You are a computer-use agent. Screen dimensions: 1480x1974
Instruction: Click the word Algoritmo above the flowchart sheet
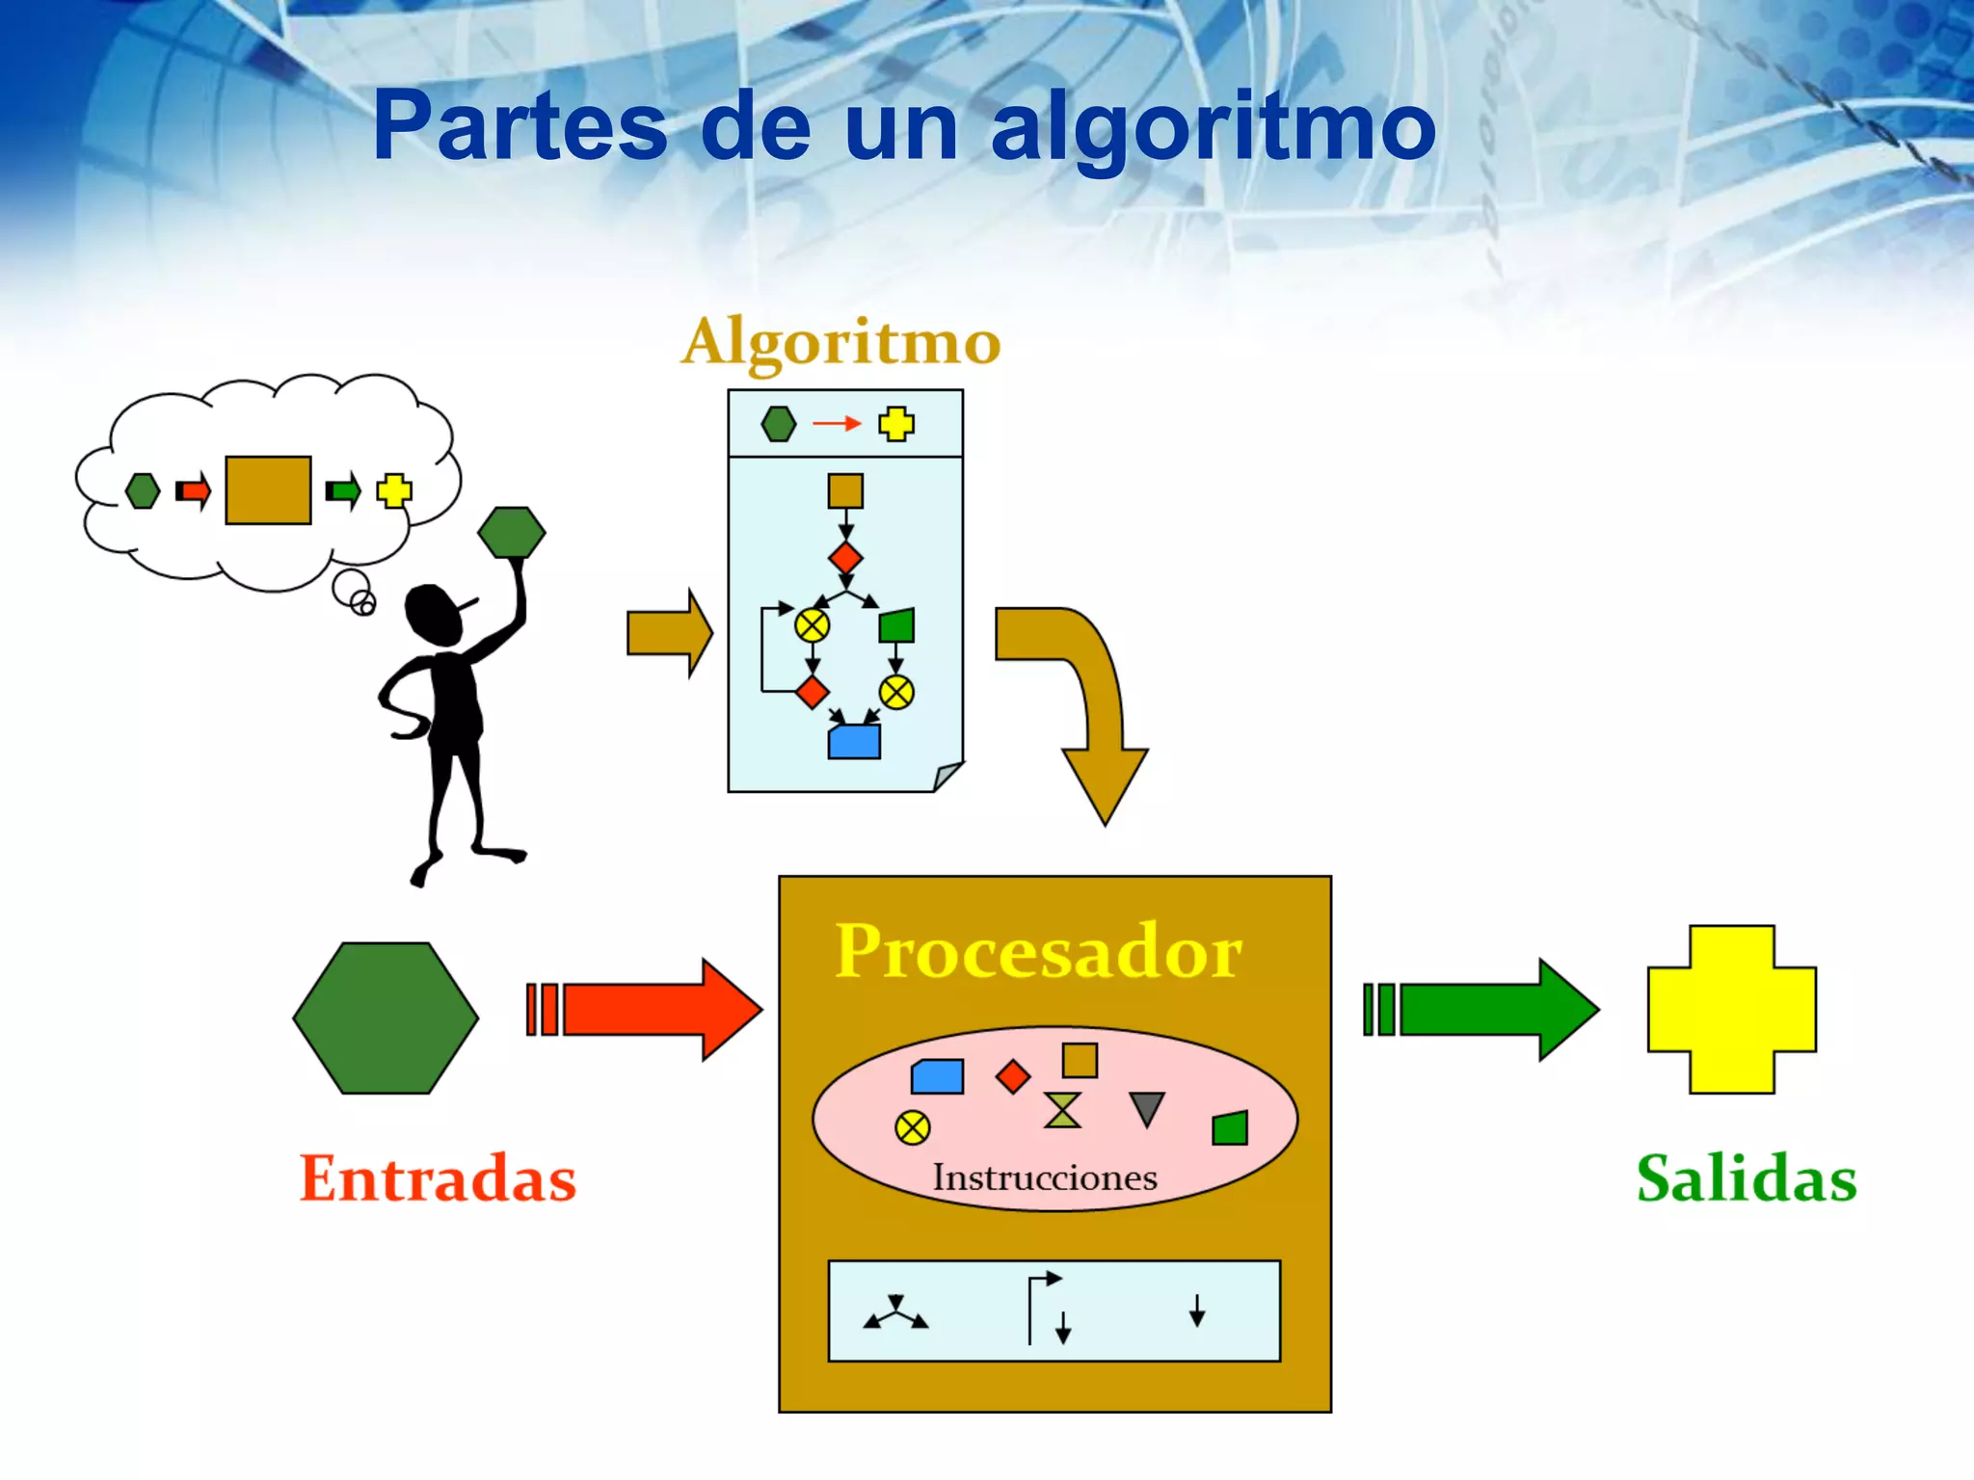840,342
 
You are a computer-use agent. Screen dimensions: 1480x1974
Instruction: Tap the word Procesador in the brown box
1039,951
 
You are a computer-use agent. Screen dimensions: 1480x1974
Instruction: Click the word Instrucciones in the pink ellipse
1045,1176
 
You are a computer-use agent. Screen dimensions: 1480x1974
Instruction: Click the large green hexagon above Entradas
386,1017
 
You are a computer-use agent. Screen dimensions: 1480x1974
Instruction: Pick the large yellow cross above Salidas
1732,1009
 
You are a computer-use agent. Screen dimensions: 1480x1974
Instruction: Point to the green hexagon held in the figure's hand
512,532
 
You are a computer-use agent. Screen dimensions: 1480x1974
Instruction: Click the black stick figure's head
436,614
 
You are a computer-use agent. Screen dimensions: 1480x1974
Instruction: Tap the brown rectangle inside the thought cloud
268,490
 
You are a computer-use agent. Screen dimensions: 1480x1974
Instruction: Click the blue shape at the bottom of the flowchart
854,742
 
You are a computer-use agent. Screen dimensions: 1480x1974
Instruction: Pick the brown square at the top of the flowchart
845,490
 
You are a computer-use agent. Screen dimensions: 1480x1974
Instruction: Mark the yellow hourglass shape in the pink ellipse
1062,1110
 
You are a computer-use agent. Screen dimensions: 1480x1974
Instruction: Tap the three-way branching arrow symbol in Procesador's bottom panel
896,1314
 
